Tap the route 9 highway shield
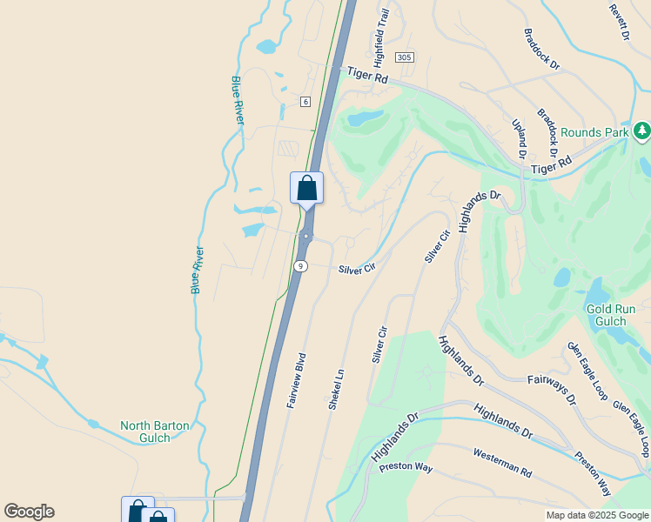299,266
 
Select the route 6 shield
305,102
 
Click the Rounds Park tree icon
642,131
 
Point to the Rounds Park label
594,132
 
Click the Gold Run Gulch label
611,315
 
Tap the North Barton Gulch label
155,432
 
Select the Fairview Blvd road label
297,380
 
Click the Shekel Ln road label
337,389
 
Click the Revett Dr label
619,22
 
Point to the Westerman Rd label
502,461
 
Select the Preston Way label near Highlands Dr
406,467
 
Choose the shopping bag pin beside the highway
306,188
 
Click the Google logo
29,512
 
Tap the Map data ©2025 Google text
596,515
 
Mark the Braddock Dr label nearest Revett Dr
541,49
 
